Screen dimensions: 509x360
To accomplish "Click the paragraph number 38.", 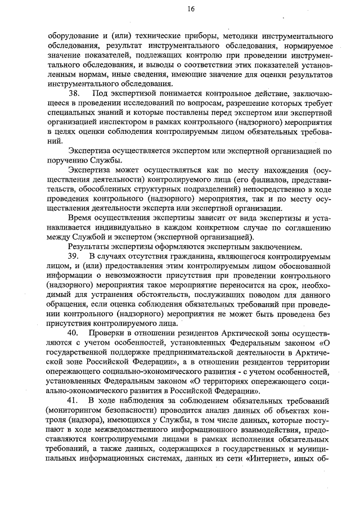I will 74,92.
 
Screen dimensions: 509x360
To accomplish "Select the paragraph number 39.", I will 74,256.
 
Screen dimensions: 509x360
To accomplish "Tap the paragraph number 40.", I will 74,349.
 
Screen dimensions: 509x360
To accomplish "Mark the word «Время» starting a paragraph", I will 80,217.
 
